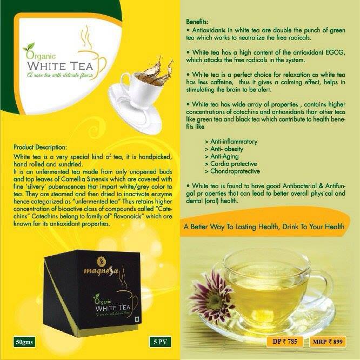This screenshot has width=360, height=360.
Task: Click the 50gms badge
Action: tap(24, 342)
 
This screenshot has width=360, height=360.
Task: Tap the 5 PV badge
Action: tap(160, 342)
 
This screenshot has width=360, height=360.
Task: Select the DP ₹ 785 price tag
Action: tap(285, 342)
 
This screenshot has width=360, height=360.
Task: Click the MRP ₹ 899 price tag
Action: tap(328, 342)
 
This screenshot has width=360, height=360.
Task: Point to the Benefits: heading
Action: tap(197, 22)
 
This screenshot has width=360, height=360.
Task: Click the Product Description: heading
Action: tap(40, 147)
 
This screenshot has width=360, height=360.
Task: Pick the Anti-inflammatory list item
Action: tap(231, 142)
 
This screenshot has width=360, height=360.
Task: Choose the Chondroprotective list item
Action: tap(232, 171)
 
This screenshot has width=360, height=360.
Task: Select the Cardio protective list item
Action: tap(231, 164)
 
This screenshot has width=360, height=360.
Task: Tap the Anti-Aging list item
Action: tap(222, 156)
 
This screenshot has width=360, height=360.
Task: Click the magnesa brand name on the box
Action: tap(101, 271)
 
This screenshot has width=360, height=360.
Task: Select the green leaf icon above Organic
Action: tap(29, 47)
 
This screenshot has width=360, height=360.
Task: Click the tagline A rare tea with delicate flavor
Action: tap(60, 75)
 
